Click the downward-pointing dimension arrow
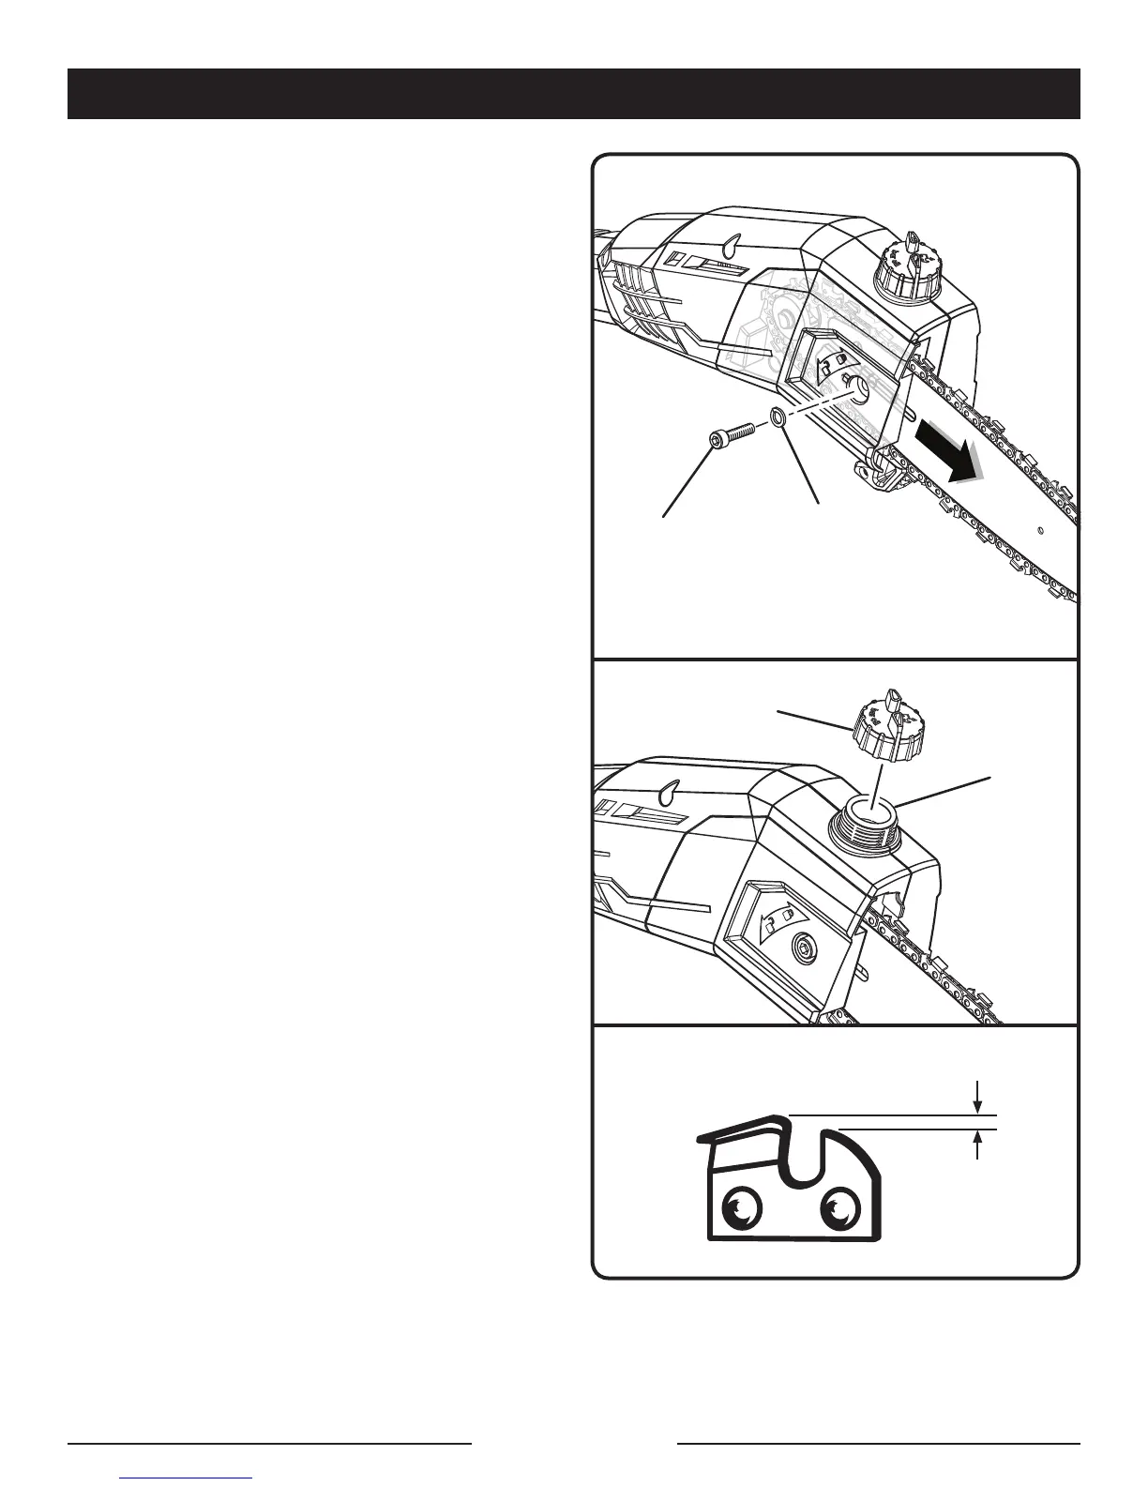tap(978, 1095)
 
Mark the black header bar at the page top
tap(573, 94)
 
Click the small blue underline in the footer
tap(187, 1478)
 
